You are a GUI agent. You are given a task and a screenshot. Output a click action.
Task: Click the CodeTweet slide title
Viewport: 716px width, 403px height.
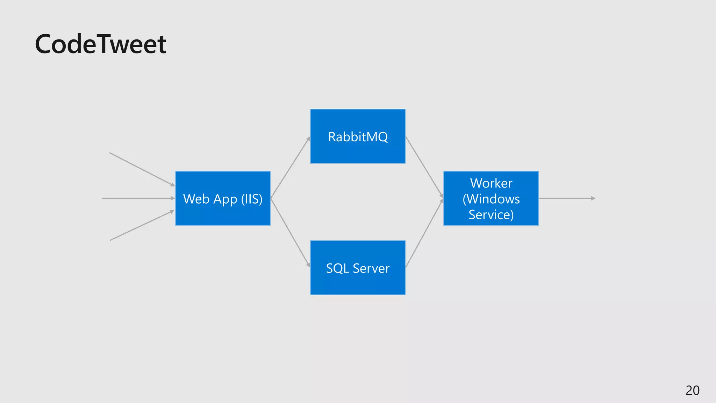click(100, 44)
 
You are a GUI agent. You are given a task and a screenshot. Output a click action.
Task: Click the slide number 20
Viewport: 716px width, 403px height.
click(692, 390)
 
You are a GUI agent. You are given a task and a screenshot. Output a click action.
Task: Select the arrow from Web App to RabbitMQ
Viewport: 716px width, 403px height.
click(290, 168)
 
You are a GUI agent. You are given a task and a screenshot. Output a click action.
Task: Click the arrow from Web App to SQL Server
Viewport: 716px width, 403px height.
click(290, 232)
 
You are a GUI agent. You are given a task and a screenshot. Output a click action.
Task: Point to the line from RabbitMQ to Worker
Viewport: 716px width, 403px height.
click(424, 167)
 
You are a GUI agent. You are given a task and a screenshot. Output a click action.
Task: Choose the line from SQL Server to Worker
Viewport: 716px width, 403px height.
click(424, 233)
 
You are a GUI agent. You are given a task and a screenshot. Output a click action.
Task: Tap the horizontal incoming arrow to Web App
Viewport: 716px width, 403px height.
click(138, 198)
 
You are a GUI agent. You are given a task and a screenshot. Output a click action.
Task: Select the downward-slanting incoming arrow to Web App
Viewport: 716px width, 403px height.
click(142, 169)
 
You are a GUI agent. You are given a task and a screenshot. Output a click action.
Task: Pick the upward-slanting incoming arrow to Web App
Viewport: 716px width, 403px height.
click(142, 226)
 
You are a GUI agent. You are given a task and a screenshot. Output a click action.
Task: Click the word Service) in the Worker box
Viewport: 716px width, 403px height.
click(491, 214)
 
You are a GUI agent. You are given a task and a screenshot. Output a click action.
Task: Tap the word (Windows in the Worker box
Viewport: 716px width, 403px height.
click(491, 199)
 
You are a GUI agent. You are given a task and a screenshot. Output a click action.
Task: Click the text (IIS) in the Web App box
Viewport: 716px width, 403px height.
click(252, 199)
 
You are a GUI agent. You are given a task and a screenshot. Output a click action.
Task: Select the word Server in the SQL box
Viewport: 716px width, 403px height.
click(371, 268)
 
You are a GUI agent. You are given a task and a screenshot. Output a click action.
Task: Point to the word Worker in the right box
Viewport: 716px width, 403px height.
click(491, 183)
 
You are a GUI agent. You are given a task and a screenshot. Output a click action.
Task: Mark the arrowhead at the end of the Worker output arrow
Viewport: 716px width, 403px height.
click(593, 198)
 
